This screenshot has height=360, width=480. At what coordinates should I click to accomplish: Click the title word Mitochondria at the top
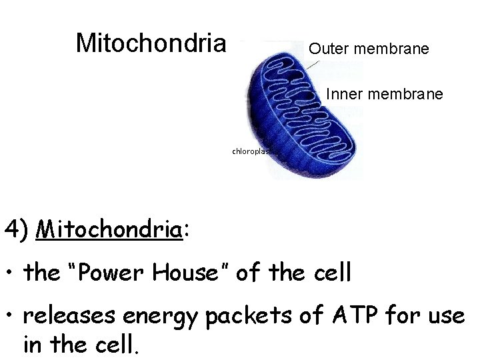151,43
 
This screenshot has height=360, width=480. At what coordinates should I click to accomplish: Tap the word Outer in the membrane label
329,49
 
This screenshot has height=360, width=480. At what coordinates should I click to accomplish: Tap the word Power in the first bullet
111,273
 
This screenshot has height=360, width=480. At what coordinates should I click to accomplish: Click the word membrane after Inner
404,95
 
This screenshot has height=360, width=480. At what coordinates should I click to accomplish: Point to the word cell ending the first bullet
329,273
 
